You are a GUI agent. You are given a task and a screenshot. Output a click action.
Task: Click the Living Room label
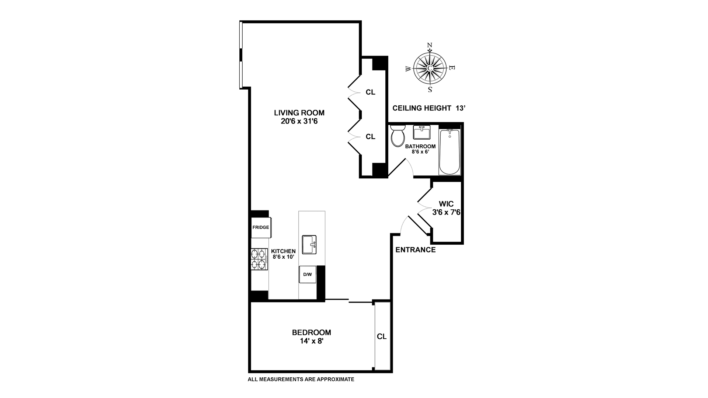point(299,117)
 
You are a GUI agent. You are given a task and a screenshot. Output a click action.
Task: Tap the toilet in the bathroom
point(398,136)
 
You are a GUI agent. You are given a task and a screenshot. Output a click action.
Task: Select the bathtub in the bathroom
point(450,152)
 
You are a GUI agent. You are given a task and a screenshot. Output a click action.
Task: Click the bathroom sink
point(422,132)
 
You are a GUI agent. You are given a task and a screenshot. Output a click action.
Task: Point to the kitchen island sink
point(309,245)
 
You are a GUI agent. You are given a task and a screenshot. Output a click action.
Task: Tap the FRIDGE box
point(261,227)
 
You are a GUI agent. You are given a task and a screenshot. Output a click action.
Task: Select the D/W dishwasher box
point(308,275)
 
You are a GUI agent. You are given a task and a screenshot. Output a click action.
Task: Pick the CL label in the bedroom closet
point(382,337)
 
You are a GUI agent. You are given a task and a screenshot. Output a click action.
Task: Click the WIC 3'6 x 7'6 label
point(446,208)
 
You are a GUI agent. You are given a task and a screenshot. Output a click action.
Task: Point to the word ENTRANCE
point(416,250)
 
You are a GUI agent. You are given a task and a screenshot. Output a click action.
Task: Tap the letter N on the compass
point(430,45)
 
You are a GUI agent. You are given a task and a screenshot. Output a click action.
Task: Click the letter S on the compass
point(430,90)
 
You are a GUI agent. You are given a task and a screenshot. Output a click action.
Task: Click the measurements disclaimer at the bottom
point(301,379)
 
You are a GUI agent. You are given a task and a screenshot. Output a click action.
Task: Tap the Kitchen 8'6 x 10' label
point(283,254)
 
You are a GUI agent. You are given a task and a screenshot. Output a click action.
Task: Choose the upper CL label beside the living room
point(371,92)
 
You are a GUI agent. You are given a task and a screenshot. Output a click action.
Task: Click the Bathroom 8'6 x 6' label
point(420,149)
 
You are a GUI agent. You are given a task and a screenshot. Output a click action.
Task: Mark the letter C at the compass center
point(430,68)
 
